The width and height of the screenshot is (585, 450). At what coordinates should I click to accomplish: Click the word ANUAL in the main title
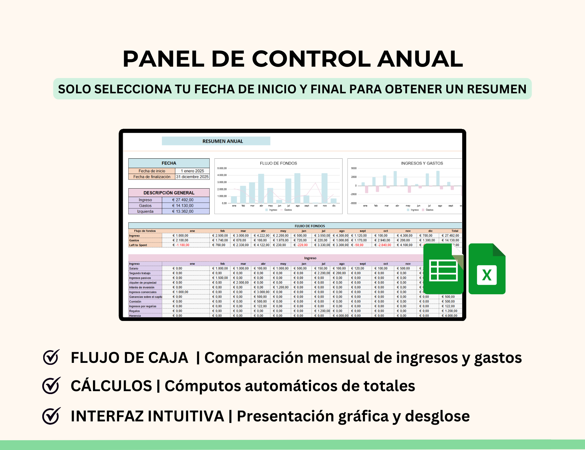coord(420,59)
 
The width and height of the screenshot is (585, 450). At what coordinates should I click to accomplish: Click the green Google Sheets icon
coord(443,269)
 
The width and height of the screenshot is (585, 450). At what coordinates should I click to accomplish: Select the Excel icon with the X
coord(487,269)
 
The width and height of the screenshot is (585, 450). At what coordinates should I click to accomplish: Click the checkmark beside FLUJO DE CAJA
coord(51,357)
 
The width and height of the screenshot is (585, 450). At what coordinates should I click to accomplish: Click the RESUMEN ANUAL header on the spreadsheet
coord(223,141)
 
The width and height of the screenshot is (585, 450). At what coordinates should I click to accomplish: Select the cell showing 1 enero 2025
coord(192,171)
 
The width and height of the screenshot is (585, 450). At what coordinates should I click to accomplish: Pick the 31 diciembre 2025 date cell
coord(192,177)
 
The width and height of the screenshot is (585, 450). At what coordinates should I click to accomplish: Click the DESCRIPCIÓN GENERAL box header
coord(169,193)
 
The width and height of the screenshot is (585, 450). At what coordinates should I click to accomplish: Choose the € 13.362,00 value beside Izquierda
coord(183,211)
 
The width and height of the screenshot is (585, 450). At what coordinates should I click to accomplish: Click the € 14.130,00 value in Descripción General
coord(183,205)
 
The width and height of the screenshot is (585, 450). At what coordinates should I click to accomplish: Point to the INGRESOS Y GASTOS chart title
coord(422,163)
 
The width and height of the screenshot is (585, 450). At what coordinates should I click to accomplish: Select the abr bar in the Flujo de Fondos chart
coord(261,189)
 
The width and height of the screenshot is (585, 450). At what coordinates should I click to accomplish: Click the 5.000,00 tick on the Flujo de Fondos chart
coord(222,168)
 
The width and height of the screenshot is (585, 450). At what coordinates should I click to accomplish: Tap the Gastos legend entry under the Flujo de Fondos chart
coord(288,210)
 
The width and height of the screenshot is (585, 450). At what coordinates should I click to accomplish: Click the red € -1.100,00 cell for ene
coord(181,245)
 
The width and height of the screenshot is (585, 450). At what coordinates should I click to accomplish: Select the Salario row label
coord(134,269)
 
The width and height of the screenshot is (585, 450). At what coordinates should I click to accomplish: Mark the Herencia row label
coord(135,315)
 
